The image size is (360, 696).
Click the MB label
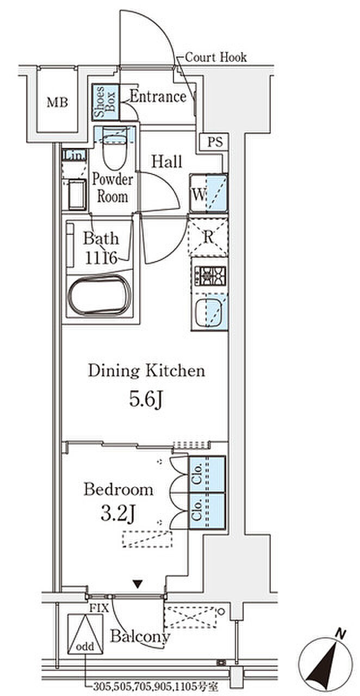click(57, 102)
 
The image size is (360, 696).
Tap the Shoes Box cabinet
click(105, 102)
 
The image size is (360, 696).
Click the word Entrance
click(158, 96)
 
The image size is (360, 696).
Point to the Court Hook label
click(216, 57)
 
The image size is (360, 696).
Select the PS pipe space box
click(215, 142)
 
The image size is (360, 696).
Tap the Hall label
click(166, 161)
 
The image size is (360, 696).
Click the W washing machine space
click(209, 193)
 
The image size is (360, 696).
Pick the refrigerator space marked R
click(208, 237)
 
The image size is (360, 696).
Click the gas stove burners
click(210, 276)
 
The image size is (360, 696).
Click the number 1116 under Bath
click(101, 258)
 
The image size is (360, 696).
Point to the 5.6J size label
click(146, 399)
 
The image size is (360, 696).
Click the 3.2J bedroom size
click(118, 513)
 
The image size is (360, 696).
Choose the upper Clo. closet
click(207, 474)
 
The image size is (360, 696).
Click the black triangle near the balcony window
click(138, 584)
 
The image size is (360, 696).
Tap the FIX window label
click(99, 608)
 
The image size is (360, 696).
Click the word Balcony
click(140, 636)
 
